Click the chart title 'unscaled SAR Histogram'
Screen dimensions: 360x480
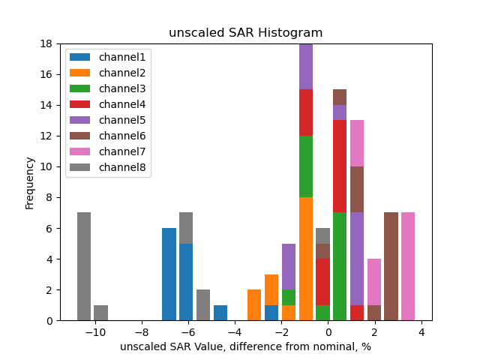(x=245, y=33)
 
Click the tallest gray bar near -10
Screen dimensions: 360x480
(x=84, y=266)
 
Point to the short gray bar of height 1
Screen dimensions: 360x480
(x=100, y=313)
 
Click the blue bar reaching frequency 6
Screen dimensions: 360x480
(x=169, y=274)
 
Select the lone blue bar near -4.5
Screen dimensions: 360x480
(x=220, y=313)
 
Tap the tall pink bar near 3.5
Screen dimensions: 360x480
(x=407, y=266)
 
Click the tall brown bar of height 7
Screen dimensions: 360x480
(x=391, y=266)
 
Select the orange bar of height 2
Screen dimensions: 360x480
(x=254, y=305)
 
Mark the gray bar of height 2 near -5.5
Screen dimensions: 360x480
(x=203, y=305)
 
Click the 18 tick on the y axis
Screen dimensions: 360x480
(x=50, y=43)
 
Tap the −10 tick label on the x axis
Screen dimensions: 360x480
(x=95, y=332)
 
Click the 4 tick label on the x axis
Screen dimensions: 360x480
(x=421, y=332)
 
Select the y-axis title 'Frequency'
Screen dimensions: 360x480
(x=30, y=182)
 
